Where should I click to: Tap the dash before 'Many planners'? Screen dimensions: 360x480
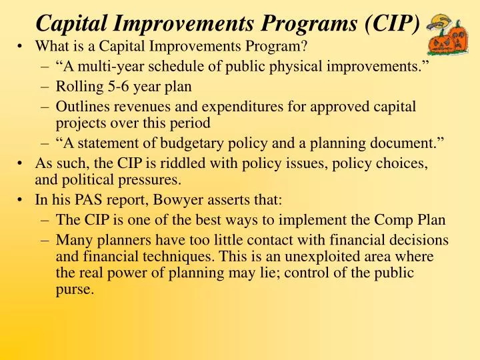45,240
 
